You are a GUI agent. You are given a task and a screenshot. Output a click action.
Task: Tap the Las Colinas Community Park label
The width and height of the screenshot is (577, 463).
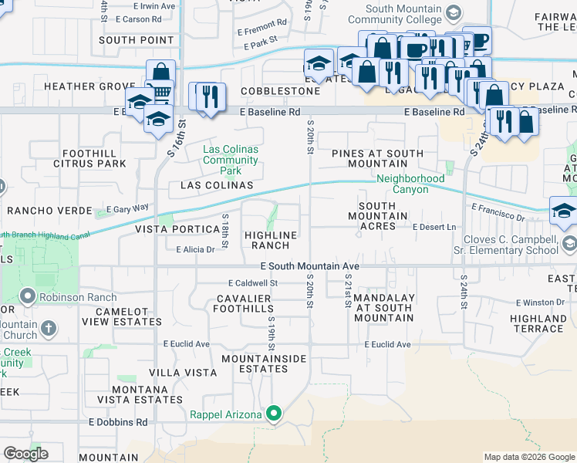click(x=231, y=160)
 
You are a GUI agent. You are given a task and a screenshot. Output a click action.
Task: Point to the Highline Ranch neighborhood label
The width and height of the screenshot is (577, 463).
click(x=271, y=240)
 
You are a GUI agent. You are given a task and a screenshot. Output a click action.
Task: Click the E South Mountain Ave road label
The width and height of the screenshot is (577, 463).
click(x=310, y=265)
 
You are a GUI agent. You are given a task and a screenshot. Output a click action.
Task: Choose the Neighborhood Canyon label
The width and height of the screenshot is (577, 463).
click(x=402, y=184)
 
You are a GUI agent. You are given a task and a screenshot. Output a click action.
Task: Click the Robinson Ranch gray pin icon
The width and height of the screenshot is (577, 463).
click(x=29, y=297)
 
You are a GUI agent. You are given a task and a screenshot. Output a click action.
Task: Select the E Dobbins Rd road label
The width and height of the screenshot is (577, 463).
click(x=118, y=422)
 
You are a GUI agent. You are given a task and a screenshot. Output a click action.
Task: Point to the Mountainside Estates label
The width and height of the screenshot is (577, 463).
click(x=264, y=363)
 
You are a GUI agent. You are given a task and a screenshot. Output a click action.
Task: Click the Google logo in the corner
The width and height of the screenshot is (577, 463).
click(x=25, y=454)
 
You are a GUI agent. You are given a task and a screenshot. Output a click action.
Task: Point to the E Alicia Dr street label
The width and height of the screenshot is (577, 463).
click(x=195, y=249)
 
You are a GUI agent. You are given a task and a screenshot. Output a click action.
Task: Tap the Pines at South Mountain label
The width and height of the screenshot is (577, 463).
click(x=378, y=158)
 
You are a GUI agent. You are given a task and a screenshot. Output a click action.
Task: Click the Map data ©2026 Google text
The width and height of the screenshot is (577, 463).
click(x=529, y=457)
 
